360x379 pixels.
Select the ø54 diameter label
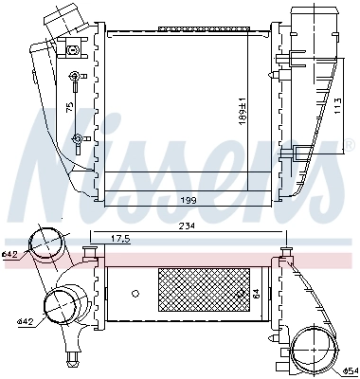350,370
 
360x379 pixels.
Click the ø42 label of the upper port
10,254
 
